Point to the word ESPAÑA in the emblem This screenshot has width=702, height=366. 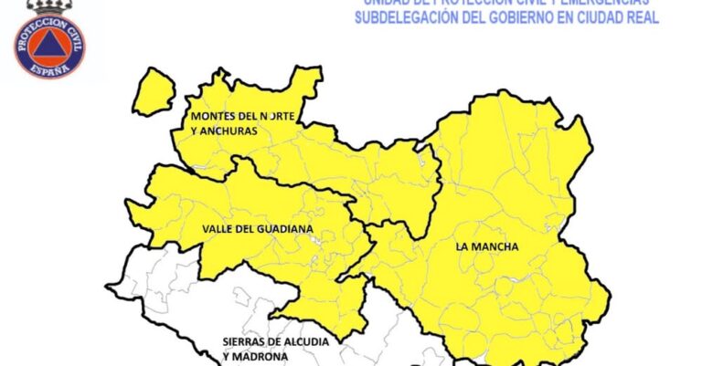[49, 69]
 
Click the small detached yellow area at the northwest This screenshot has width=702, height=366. [154, 91]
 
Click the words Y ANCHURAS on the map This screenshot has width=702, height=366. [224, 131]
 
